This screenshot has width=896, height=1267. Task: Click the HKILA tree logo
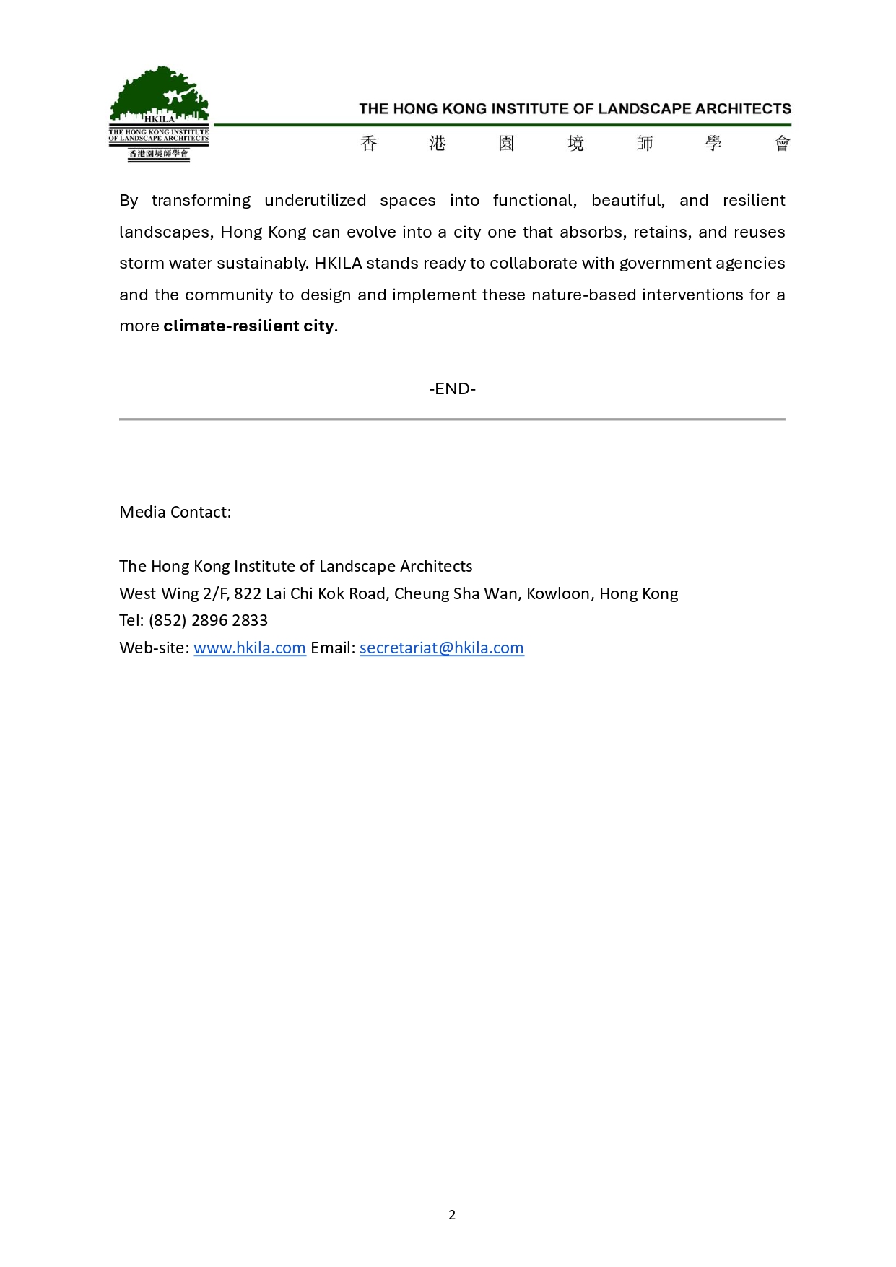159,113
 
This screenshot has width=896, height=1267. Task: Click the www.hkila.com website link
250,648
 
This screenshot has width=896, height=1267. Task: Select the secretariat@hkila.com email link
441,648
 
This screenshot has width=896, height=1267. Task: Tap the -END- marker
452,389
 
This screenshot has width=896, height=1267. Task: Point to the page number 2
452,1215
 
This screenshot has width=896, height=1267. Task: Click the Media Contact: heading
175,513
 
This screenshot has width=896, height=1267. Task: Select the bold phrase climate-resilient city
248,326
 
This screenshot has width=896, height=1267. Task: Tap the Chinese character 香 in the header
369,144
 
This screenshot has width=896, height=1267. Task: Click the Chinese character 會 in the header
782,144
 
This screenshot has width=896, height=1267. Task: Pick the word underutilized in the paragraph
315,201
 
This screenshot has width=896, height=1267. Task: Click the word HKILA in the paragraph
338,264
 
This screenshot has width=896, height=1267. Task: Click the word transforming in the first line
201,201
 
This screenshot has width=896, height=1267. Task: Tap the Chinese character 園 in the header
507,144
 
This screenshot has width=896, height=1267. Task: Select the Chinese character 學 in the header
713,144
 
